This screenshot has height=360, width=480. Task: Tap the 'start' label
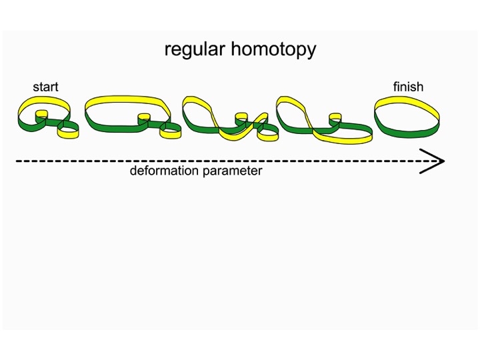coord(45,87)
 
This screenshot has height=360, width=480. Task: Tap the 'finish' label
coord(408,87)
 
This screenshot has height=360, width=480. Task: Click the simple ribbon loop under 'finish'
coord(407,115)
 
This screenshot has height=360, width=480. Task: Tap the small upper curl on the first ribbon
coord(41,115)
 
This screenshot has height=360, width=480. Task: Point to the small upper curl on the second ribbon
coord(143,119)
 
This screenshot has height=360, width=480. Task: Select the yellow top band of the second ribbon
coord(127,101)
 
